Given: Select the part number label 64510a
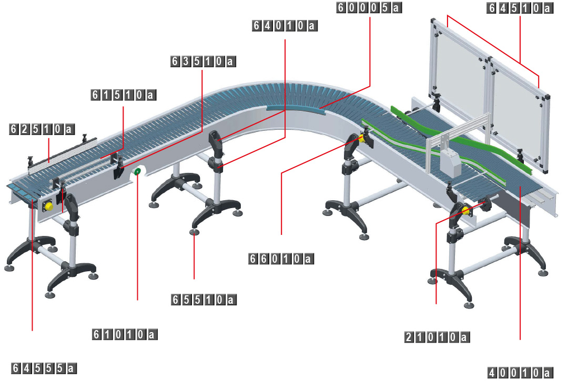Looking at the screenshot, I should (520, 8).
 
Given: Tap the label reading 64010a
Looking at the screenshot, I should (286, 25).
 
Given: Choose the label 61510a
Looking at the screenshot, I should (124, 95).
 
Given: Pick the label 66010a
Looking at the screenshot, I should (281, 259).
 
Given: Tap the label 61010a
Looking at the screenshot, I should (125, 334).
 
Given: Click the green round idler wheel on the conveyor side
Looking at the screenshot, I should (138, 172).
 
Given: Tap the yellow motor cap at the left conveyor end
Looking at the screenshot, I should (48, 206).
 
